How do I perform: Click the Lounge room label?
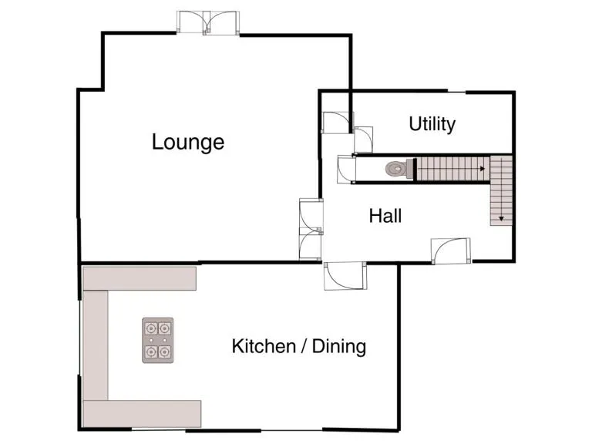point(188,142)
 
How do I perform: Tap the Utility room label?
point(432,124)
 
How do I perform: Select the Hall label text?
point(385,216)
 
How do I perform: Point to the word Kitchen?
point(264,346)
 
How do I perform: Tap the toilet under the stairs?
point(395,168)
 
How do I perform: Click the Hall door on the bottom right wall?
point(450,251)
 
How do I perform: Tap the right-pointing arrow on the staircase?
point(482,167)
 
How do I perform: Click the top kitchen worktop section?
point(140,277)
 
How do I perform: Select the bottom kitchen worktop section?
point(142,413)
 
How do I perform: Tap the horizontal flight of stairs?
point(451,168)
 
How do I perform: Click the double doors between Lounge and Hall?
point(311,229)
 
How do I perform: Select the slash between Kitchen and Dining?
point(305,346)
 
